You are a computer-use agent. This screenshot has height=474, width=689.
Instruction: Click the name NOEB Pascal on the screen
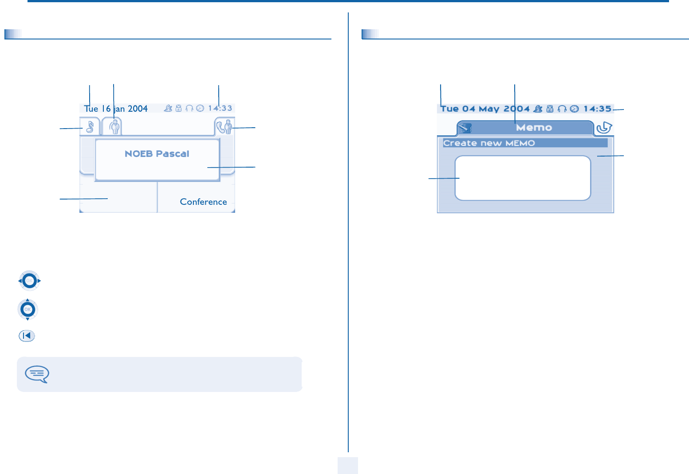[x=157, y=154]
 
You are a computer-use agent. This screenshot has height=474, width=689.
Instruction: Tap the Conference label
[x=203, y=202]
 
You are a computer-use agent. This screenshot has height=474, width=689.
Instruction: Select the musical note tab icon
[x=90, y=127]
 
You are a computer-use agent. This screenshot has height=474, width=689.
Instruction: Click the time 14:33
[x=220, y=108]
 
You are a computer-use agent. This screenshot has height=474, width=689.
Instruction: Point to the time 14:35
[x=597, y=109]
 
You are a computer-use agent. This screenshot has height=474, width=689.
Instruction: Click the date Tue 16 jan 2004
[x=116, y=109]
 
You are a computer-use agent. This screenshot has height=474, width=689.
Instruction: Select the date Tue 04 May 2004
[x=485, y=109]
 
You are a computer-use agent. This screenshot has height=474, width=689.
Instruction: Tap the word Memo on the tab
[x=534, y=128]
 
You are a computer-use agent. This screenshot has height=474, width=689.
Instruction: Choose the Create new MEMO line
[x=489, y=143]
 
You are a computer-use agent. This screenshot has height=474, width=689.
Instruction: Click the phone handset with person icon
[x=224, y=127]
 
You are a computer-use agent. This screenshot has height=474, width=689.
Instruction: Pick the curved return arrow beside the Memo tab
[x=604, y=128]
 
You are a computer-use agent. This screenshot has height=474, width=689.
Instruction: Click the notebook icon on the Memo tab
[x=465, y=128]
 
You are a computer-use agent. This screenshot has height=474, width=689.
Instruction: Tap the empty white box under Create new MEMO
[x=523, y=178]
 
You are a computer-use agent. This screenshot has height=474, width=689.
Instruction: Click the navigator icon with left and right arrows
[x=29, y=281]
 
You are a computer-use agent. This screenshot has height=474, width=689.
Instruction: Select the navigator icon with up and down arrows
[x=28, y=309]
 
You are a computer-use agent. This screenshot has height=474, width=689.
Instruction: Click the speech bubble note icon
[x=37, y=374]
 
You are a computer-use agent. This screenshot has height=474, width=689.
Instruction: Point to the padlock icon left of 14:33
[x=178, y=108]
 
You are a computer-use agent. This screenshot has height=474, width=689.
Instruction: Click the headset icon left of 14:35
[x=562, y=109]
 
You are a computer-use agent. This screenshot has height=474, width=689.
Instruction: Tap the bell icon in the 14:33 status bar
[x=168, y=108]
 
